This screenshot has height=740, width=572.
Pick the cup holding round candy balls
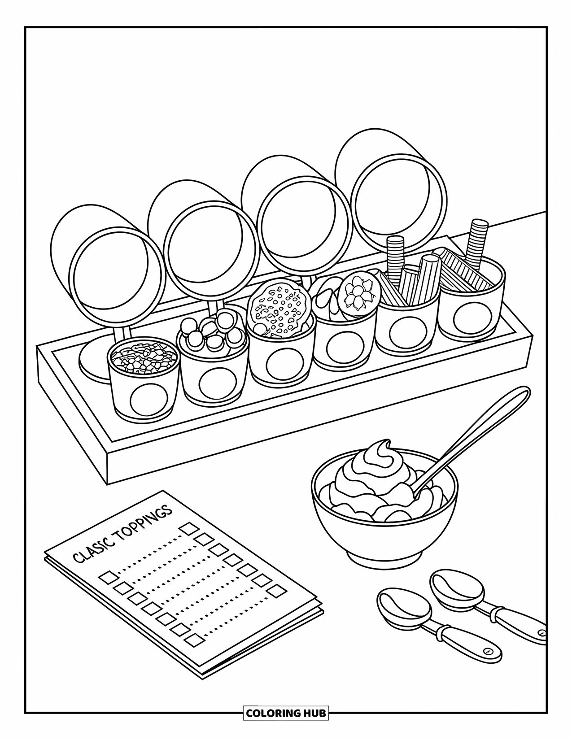[213, 359]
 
